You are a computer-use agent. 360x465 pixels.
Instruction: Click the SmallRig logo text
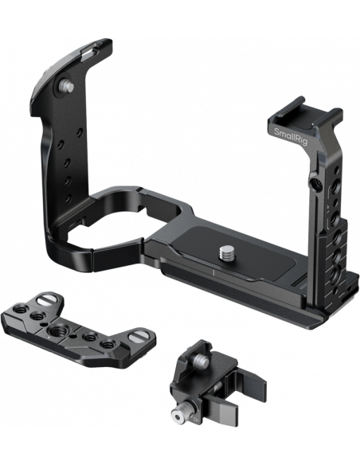[x=291, y=136]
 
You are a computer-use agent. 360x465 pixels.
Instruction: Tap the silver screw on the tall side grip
[x=66, y=86]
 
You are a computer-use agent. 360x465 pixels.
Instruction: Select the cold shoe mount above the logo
[x=304, y=114]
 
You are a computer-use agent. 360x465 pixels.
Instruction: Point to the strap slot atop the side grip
[x=90, y=52]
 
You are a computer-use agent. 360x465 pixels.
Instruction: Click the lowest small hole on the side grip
[x=68, y=197]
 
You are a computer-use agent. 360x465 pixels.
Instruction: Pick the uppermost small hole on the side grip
[x=80, y=132]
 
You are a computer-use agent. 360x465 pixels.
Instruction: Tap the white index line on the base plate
[x=213, y=273]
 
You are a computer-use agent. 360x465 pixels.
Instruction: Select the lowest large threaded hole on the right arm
[x=336, y=272]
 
